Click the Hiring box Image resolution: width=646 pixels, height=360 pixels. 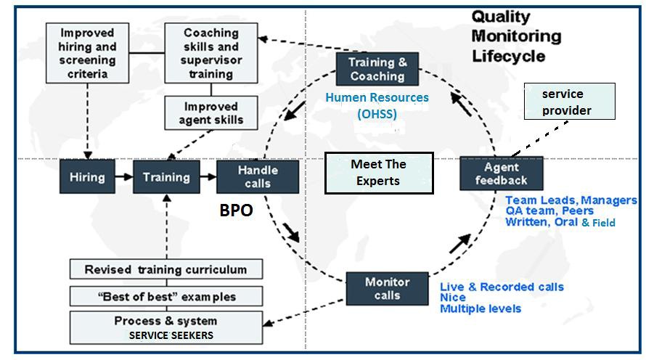[x=87, y=177]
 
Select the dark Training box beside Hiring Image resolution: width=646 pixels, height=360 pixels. [x=166, y=177]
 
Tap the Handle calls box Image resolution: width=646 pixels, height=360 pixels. [x=258, y=177]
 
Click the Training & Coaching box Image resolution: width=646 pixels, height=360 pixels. [x=377, y=69]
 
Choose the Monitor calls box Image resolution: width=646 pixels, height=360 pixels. [x=388, y=288]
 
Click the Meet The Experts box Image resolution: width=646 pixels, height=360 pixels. [x=378, y=173]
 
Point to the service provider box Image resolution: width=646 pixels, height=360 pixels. [x=568, y=102]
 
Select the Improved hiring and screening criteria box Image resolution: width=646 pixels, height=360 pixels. [x=88, y=54]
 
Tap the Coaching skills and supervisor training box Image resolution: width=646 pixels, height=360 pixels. [x=210, y=54]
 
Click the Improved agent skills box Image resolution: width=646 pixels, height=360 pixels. [x=210, y=113]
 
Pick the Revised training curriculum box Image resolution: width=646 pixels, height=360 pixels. [x=165, y=269]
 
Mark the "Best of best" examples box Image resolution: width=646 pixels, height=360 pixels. [x=165, y=296]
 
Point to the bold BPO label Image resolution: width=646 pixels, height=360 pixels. [x=236, y=211]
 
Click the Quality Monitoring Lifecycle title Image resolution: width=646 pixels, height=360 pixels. [x=516, y=36]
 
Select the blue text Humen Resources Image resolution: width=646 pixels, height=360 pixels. [x=377, y=97]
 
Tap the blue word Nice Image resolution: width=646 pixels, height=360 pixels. [x=453, y=298]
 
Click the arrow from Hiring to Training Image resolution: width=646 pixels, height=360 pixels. [x=123, y=177]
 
